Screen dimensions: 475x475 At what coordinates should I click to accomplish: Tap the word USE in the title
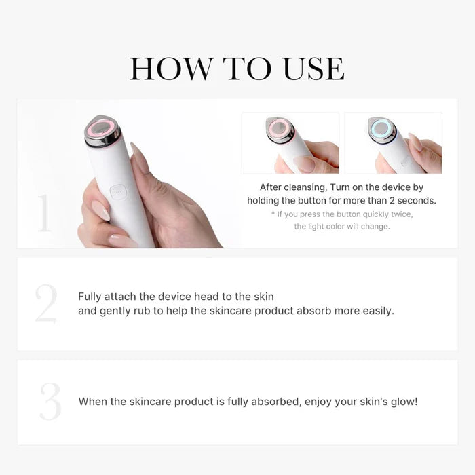coord(307,69)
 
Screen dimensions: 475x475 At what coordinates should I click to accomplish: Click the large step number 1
coord(43,212)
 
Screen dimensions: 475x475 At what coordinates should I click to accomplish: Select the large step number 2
coord(46,304)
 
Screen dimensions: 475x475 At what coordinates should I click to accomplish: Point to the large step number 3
coord(50,401)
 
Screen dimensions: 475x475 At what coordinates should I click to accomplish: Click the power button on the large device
coord(119,192)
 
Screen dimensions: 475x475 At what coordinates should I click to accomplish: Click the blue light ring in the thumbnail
coord(383,128)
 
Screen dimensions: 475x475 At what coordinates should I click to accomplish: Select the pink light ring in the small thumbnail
coord(280,128)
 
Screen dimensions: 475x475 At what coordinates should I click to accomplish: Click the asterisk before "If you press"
coord(273,214)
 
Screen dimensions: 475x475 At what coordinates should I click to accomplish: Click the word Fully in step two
coord(90,297)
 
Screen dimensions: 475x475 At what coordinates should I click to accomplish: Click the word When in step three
coord(93,402)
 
